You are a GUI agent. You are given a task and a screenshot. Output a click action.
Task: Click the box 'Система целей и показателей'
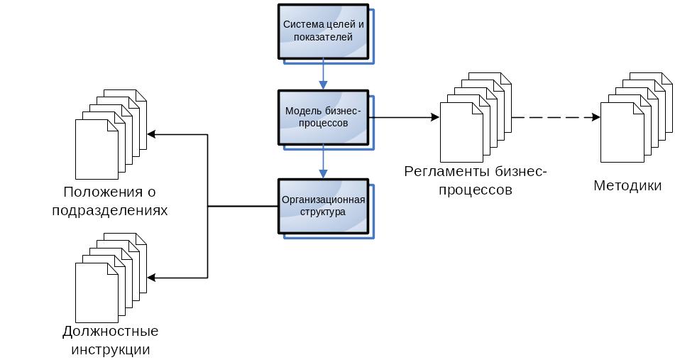[x=323, y=31]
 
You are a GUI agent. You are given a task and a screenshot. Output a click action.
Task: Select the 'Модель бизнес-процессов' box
[x=323, y=117]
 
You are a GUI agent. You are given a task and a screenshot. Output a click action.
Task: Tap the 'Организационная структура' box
[x=323, y=206]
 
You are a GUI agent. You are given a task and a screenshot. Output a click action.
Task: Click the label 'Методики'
[x=627, y=185]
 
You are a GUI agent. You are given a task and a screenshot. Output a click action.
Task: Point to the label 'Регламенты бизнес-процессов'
[x=476, y=180]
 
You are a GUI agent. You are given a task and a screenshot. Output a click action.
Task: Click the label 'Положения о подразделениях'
[x=109, y=201]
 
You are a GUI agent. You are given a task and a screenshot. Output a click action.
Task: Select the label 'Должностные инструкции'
[x=111, y=340]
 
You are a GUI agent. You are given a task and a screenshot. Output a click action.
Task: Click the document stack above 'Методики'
[x=636, y=117]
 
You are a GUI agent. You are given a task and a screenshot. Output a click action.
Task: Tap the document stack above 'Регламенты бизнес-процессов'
[x=476, y=117]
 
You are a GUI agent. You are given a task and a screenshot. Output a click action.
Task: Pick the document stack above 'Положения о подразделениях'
[x=111, y=134]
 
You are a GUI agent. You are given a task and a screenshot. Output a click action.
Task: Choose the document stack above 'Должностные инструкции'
[x=111, y=278]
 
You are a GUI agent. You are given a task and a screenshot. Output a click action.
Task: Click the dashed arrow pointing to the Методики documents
[x=556, y=117]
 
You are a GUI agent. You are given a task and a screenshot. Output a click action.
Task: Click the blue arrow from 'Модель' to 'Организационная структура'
[x=323, y=162]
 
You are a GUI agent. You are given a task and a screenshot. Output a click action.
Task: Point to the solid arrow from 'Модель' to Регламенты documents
[x=405, y=117]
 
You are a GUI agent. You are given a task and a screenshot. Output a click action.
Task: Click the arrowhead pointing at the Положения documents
[x=151, y=134]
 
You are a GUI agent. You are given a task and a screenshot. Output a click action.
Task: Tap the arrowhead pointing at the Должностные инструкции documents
[x=151, y=278]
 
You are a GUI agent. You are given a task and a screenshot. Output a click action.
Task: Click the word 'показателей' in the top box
[x=323, y=38]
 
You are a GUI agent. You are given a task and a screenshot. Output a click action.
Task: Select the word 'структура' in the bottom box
[x=323, y=212]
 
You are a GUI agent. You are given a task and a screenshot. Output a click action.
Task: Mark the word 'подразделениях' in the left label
[x=109, y=211]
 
